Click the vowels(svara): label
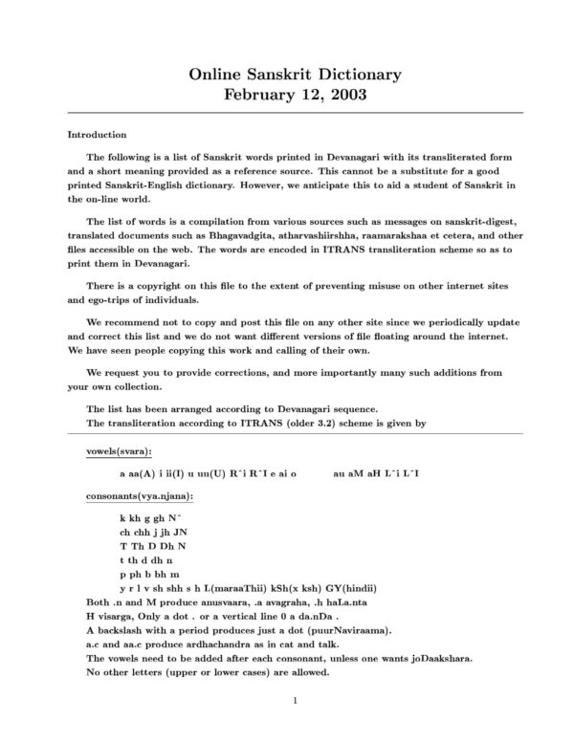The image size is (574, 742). pyautogui.click(x=119, y=449)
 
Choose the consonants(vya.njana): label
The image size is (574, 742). pyautogui.click(x=139, y=496)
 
